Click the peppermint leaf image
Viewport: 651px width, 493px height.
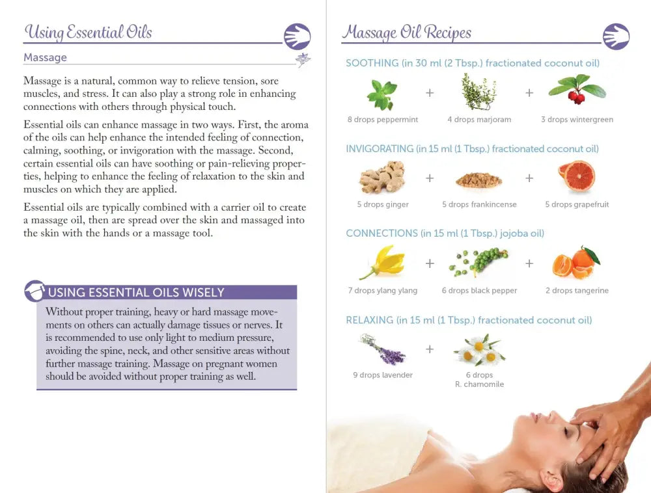(382, 95)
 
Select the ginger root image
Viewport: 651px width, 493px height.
(382, 177)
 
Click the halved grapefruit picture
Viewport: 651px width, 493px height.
(576, 176)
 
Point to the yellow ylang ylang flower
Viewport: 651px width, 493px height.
(382, 262)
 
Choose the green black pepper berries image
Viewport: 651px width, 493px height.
(478, 262)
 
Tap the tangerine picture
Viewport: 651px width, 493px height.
(576, 263)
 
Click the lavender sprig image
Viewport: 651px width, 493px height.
(383, 349)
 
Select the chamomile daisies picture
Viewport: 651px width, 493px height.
(480, 350)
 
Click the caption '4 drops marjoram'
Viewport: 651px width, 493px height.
(479, 120)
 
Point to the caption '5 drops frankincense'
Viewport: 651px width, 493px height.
(479, 204)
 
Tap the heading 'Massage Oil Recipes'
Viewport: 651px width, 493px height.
(407, 33)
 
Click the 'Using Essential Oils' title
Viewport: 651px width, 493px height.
(89, 33)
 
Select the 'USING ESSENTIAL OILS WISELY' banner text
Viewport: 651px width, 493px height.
(136, 292)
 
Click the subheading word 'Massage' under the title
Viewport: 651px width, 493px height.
(45, 57)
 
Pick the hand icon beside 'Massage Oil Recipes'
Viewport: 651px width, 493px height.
(616, 36)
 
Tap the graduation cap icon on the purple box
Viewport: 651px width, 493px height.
(35, 291)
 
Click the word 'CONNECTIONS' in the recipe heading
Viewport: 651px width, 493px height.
(382, 233)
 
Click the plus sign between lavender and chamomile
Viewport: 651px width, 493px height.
(430, 349)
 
